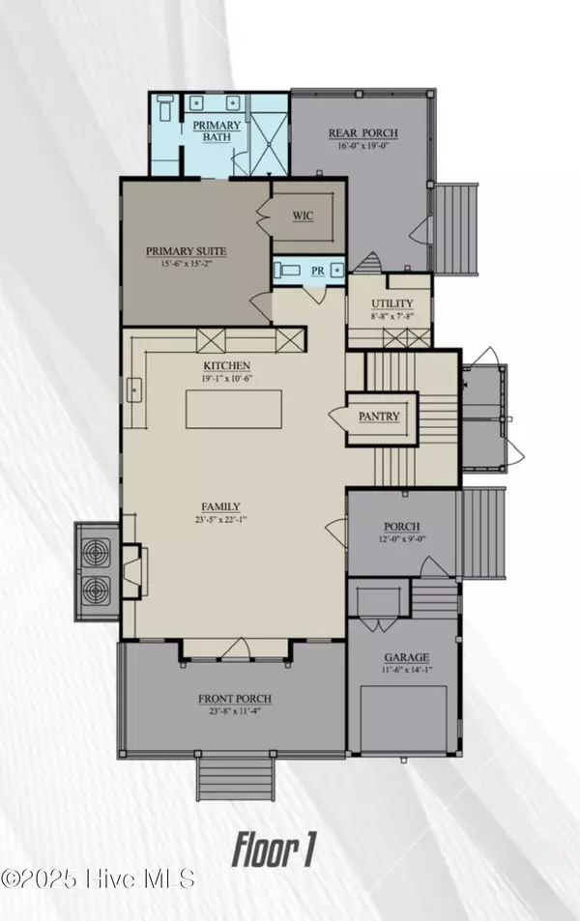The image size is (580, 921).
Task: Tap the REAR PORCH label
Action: tap(362, 133)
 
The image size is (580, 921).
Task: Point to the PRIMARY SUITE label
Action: tap(186, 251)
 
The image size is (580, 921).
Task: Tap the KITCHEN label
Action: tap(226, 365)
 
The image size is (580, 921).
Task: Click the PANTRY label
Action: tap(379, 417)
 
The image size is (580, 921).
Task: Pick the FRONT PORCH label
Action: tap(235, 699)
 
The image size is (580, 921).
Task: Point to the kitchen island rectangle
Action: tap(232, 408)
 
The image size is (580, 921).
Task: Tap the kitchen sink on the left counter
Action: tap(133, 390)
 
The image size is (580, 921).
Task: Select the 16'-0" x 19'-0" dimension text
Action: tap(362, 147)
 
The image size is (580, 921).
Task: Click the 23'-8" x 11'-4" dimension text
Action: tap(235, 713)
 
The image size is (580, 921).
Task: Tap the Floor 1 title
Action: tap(275, 850)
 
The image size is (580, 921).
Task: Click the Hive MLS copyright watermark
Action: tap(99, 878)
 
